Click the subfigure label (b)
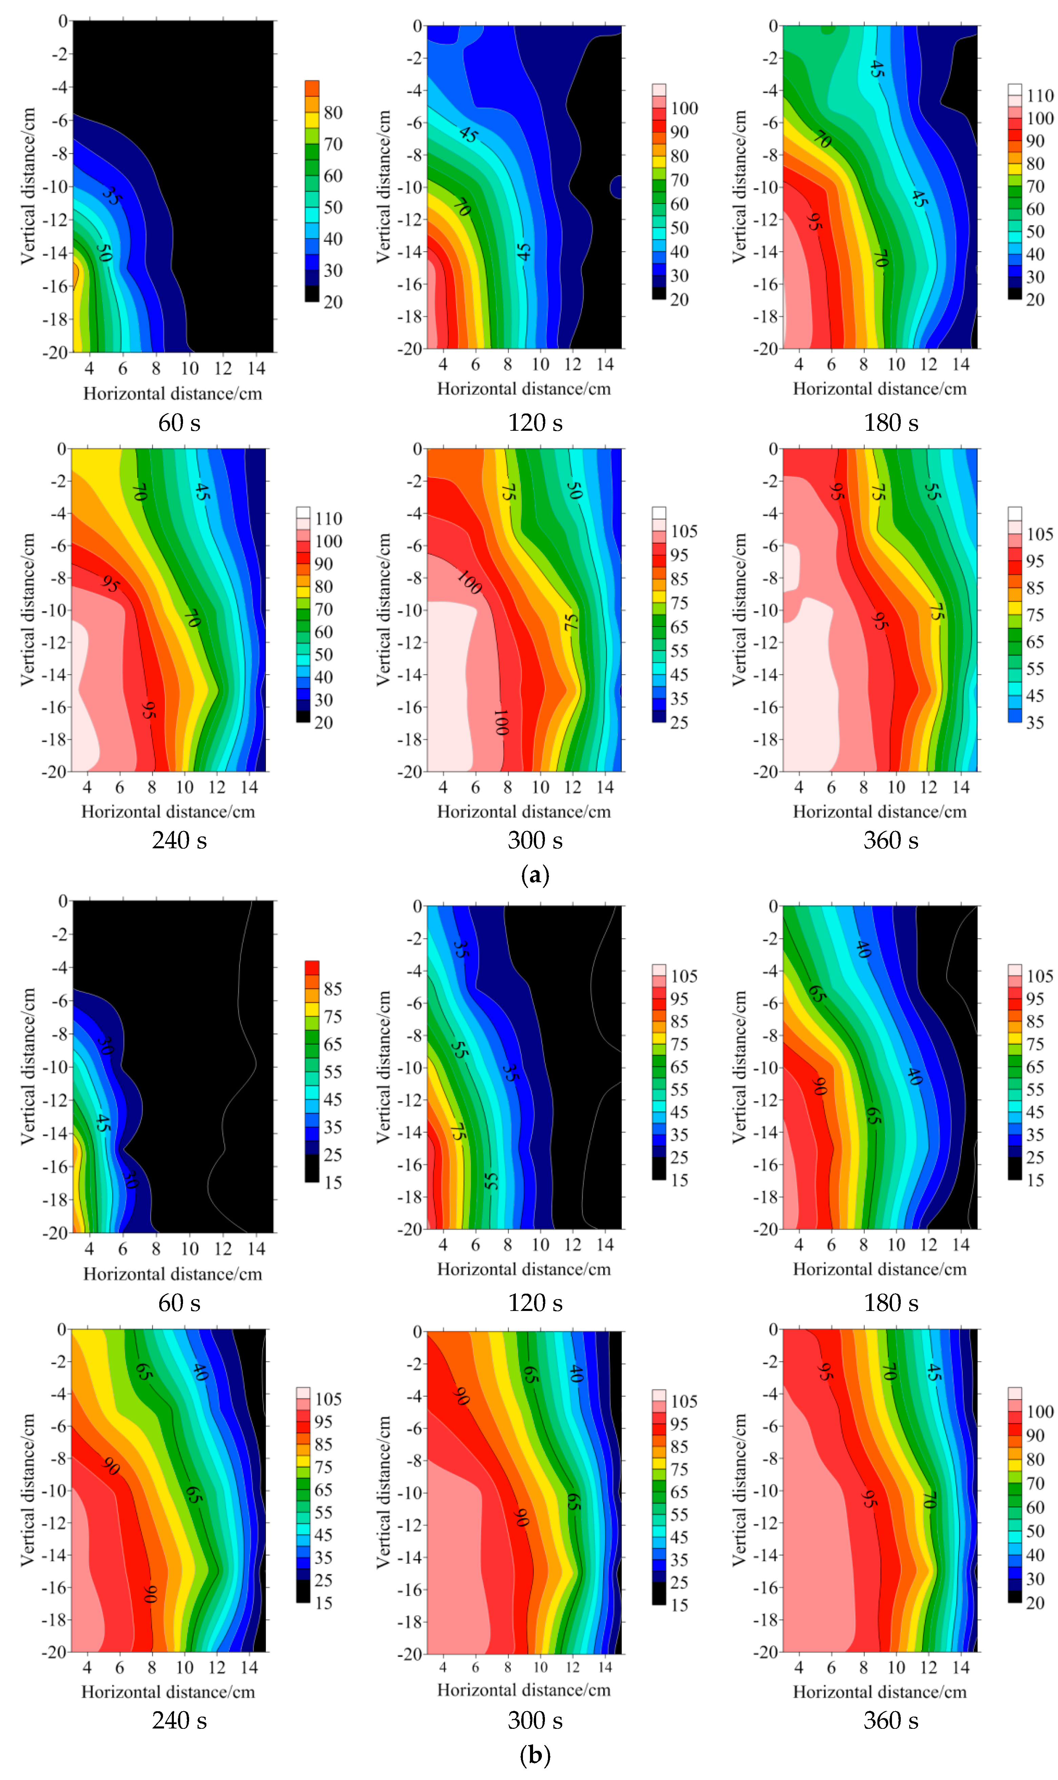tap(535, 1754)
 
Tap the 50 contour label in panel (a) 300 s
tap(574, 490)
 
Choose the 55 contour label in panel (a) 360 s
tap(932, 491)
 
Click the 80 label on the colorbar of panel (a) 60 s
tap(333, 113)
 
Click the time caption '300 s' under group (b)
tap(535, 1720)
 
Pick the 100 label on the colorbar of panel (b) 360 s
tap(1039, 1412)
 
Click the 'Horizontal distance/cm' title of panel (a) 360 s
tap(880, 812)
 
